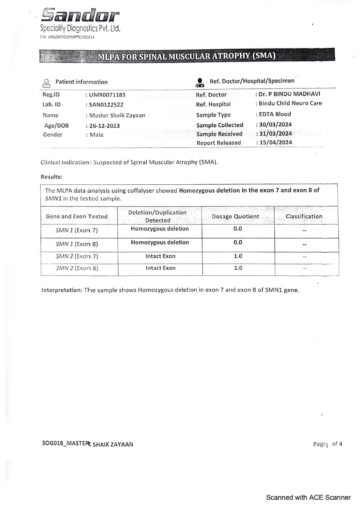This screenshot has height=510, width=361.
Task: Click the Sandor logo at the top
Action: click(x=80, y=15)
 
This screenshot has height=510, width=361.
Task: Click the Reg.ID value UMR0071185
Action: click(x=107, y=95)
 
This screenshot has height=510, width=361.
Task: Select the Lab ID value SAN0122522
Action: click(x=106, y=105)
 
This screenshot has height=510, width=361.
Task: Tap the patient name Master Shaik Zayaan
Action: click(x=117, y=115)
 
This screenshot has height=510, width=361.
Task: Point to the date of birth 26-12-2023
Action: click(x=104, y=126)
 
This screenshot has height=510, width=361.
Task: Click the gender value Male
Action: click(x=96, y=135)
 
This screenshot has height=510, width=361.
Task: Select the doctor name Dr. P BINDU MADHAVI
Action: click(x=289, y=94)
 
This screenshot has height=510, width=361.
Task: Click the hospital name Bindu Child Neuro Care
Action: click(x=290, y=103)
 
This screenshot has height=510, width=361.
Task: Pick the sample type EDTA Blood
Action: click(x=275, y=114)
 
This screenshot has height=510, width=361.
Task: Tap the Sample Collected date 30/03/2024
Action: click(x=275, y=124)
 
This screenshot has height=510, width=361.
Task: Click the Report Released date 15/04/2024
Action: click(x=275, y=142)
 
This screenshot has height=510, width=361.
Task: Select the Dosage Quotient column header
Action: click(x=235, y=216)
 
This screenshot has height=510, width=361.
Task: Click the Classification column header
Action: click(x=304, y=216)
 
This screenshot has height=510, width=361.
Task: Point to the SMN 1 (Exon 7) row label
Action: click(x=77, y=230)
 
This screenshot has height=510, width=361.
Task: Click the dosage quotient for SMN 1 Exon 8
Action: click(x=238, y=242)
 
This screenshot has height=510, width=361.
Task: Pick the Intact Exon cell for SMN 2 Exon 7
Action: click(x=160, y=256)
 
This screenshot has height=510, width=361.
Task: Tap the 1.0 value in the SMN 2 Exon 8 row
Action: click(x=238, y=268)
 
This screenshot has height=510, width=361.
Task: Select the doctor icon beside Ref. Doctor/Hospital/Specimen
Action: click(x=200, y=83)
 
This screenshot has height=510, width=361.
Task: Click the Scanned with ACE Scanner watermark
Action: click(x=308, y=497)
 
